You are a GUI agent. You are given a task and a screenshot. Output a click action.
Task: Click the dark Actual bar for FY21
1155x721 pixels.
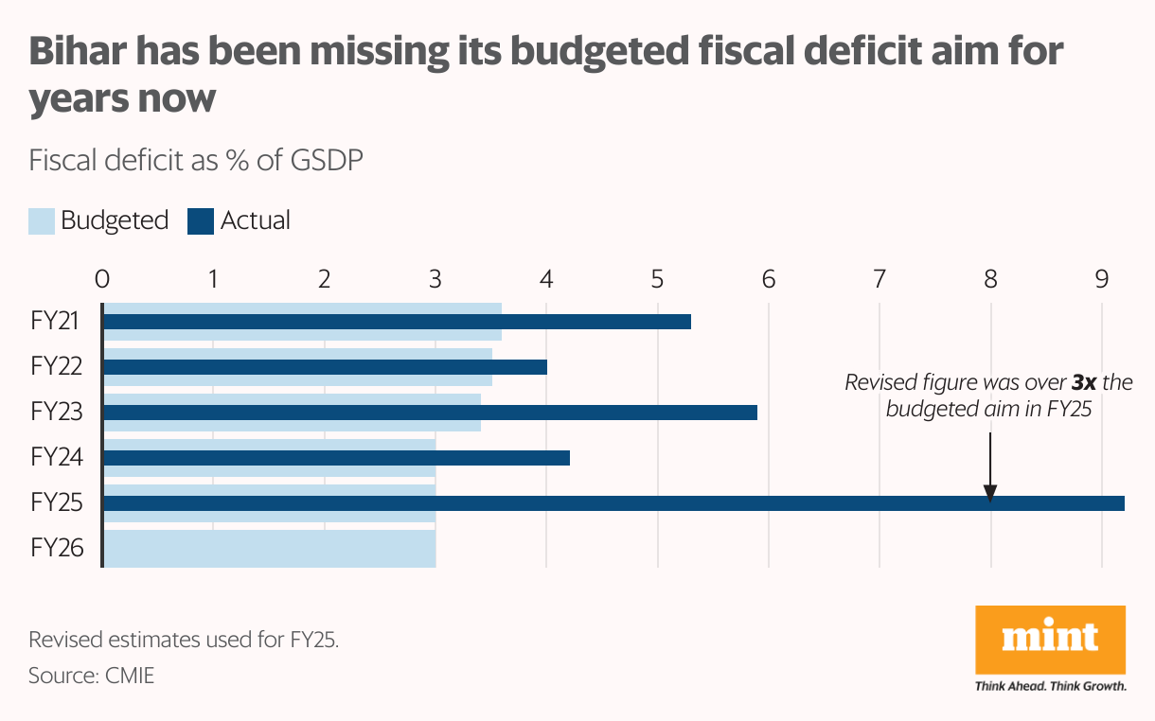click(x=397, y=322)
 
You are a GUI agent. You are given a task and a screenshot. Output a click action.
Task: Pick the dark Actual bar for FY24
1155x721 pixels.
click(x=336, y=458)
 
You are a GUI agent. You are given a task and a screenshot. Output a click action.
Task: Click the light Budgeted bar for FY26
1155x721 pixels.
click(x=269, y=549)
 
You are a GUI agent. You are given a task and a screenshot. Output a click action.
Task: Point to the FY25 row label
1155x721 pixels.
click(x=57, y=502)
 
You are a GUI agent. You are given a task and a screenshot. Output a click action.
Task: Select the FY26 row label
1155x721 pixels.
click(x=57, y=548)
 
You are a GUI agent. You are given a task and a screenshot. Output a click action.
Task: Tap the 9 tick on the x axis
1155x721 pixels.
click(x=1101, y=279)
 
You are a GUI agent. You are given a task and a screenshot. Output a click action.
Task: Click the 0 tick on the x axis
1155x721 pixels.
click(x=102, y=279)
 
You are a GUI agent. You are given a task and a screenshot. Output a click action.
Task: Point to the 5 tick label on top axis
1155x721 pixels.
click(x=657, y=279)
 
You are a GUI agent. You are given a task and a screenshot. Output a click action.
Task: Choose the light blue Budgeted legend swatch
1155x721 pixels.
click(x=41, y=221)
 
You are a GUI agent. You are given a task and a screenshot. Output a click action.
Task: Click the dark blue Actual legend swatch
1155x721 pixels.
click(x=201, y=221)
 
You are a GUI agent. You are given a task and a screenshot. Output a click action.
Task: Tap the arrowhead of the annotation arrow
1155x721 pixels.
click(x=990, y=494)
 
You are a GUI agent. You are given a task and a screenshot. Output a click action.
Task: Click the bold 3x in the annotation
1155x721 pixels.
click(x=1085, y=383)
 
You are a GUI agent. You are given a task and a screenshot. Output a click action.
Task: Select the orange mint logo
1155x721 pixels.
click(x=1050, y=640)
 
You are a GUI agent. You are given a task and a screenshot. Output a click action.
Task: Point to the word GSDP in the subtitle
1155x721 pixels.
click(x=327, y=160)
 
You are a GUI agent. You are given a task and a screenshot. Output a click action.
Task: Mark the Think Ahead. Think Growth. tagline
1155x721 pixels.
click(x=1050, y=686)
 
